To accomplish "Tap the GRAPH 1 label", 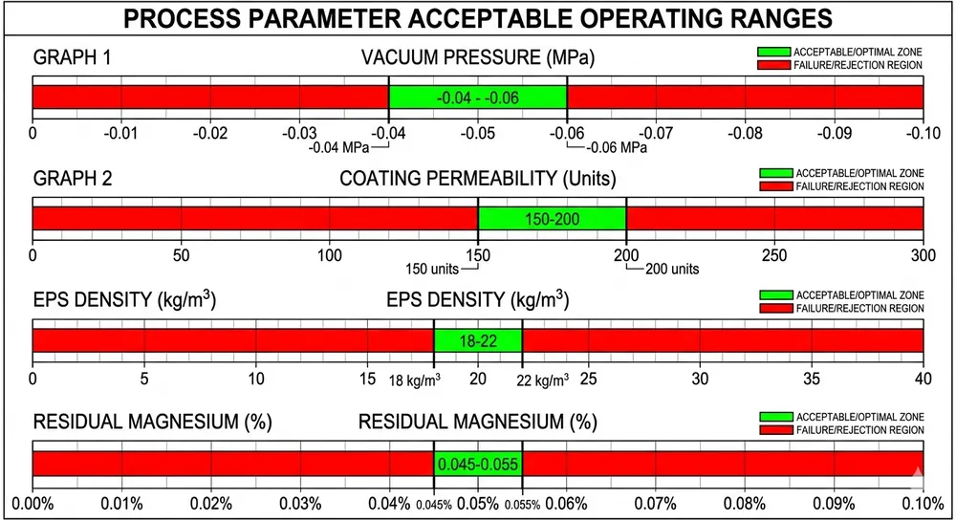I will click(73, 58).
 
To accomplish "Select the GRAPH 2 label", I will click(73, 179).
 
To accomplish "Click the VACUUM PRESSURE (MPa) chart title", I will click(478, 58).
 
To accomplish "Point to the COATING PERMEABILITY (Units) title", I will click(478, 179).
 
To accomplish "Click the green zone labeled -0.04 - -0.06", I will click(478, 98).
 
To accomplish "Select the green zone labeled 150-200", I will click(552, 219).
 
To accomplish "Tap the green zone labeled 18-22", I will click(478, 340).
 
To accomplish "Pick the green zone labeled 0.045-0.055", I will click(478, 464).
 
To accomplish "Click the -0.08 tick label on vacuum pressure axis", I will click(745, 131).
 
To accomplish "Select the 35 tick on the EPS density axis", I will click(812, 378).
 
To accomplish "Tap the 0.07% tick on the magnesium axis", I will click(656, 504).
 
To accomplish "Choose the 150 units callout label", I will click(434, 269).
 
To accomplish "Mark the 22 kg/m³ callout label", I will click(542, 380).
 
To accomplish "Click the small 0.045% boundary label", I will click(436, 506).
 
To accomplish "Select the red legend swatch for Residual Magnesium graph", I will click(774, 430).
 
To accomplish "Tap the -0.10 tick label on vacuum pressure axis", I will click(923, 131).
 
